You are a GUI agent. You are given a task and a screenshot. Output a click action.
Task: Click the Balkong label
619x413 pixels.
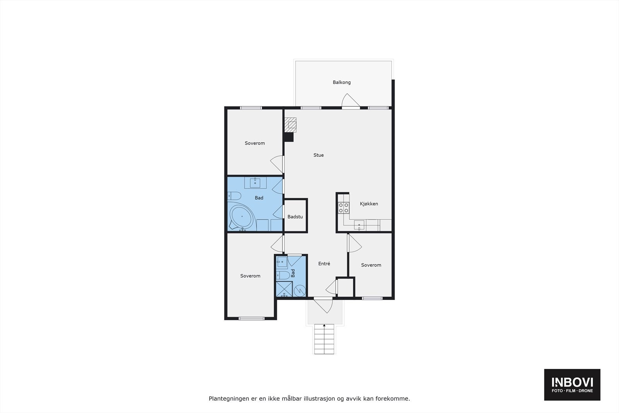click(x=342, y=82)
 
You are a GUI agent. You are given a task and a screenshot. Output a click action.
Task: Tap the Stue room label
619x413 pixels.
click(x=318, y=155)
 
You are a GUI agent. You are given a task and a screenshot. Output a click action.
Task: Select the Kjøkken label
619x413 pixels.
click(x=369, y=204)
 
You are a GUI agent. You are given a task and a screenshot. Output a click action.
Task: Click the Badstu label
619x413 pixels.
click(x=295, y=217)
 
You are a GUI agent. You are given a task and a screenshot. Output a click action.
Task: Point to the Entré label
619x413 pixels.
click(x=324, y=264)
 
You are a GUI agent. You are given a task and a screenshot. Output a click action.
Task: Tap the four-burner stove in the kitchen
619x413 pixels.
click(x=344, y=208)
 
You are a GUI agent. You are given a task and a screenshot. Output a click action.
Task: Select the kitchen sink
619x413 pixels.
click(x=359, y=225)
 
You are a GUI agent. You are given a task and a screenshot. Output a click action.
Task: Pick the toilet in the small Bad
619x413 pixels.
click(x=282, y=275)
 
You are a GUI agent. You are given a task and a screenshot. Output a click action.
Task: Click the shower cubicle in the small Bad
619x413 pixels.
click(x=284, y=289)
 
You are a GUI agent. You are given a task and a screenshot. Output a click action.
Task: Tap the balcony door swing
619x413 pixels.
click(x=351, y=101)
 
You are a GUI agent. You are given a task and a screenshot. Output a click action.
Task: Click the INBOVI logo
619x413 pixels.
click(x=572, y=384)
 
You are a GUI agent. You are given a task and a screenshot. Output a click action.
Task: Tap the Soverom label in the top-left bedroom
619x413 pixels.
click(x=255, y=143)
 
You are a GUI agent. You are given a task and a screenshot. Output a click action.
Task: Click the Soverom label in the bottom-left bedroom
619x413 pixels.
click(x=250, y=276)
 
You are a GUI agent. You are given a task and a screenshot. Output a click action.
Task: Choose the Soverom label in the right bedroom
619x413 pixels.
click(x=371, y=265)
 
